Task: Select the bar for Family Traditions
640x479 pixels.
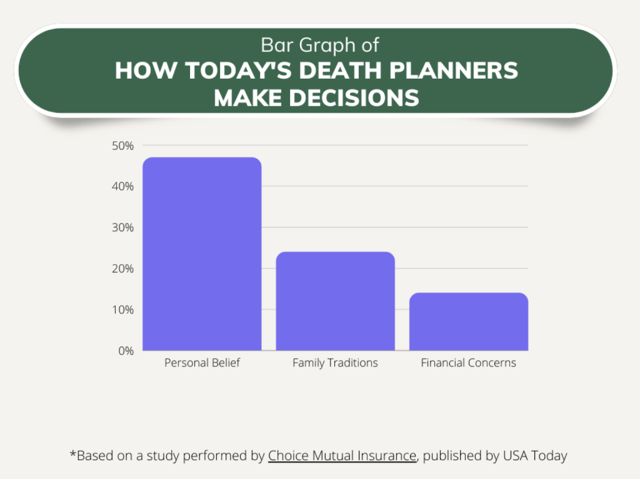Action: click(x=335, y=301)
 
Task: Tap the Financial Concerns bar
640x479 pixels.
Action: click(x=468, y=322)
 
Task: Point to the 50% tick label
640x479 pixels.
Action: click(x=123, y=146)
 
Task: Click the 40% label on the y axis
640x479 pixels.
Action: click(x=123, y=187)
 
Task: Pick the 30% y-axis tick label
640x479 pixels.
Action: click(x=123, y=227)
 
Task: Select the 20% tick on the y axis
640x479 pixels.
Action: click(x=123, y=269)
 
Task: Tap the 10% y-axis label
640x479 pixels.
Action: click(x=123, y=310)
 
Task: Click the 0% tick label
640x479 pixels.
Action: click(x=126, y=351)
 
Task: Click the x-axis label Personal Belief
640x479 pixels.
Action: click(x=202, y=363)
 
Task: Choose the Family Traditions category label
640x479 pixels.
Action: click(x=335, y=363)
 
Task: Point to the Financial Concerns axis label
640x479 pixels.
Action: click(x=468, y=363)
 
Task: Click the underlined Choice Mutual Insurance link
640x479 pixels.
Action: click(x=342, y=456)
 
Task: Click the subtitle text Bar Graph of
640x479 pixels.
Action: click(x=319, y=45)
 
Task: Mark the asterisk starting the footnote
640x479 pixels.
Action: click(x=72, y=454)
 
